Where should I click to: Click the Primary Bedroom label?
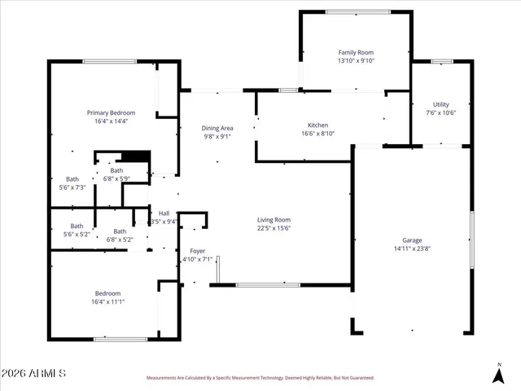pyautogui.click(x=112, y=112)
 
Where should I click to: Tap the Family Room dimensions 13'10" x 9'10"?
pyautogui.click(x=361, y=61)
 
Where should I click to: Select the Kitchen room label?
pyautogui.click(x=317, y=125)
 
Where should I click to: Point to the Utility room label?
pyautogui.click(x=440, y=104)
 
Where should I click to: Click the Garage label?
pyautogui.click(x=412, y=241)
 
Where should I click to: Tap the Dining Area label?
pyautogui.click(x=217, y=128)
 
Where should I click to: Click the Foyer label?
pyautogui.click(x=197, y=251)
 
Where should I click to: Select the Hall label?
pyautogui.click(x=164, y=213)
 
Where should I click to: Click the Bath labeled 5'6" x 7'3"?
pyautogui.click(x=72, y=179)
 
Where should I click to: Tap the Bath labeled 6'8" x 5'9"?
pyautogui.click(x=117, y=170)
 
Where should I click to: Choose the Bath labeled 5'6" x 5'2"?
pyautogui.click(x=77, y=226)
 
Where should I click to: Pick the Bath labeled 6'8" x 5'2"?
pyautogui.click(x=120, y=231)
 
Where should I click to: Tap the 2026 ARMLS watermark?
pyautogui.click(x=34, y=373)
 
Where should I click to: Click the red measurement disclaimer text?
pyautogui.click(x=260, y=378)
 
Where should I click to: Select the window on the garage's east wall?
pyautogui.click(x=471, y=239)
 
